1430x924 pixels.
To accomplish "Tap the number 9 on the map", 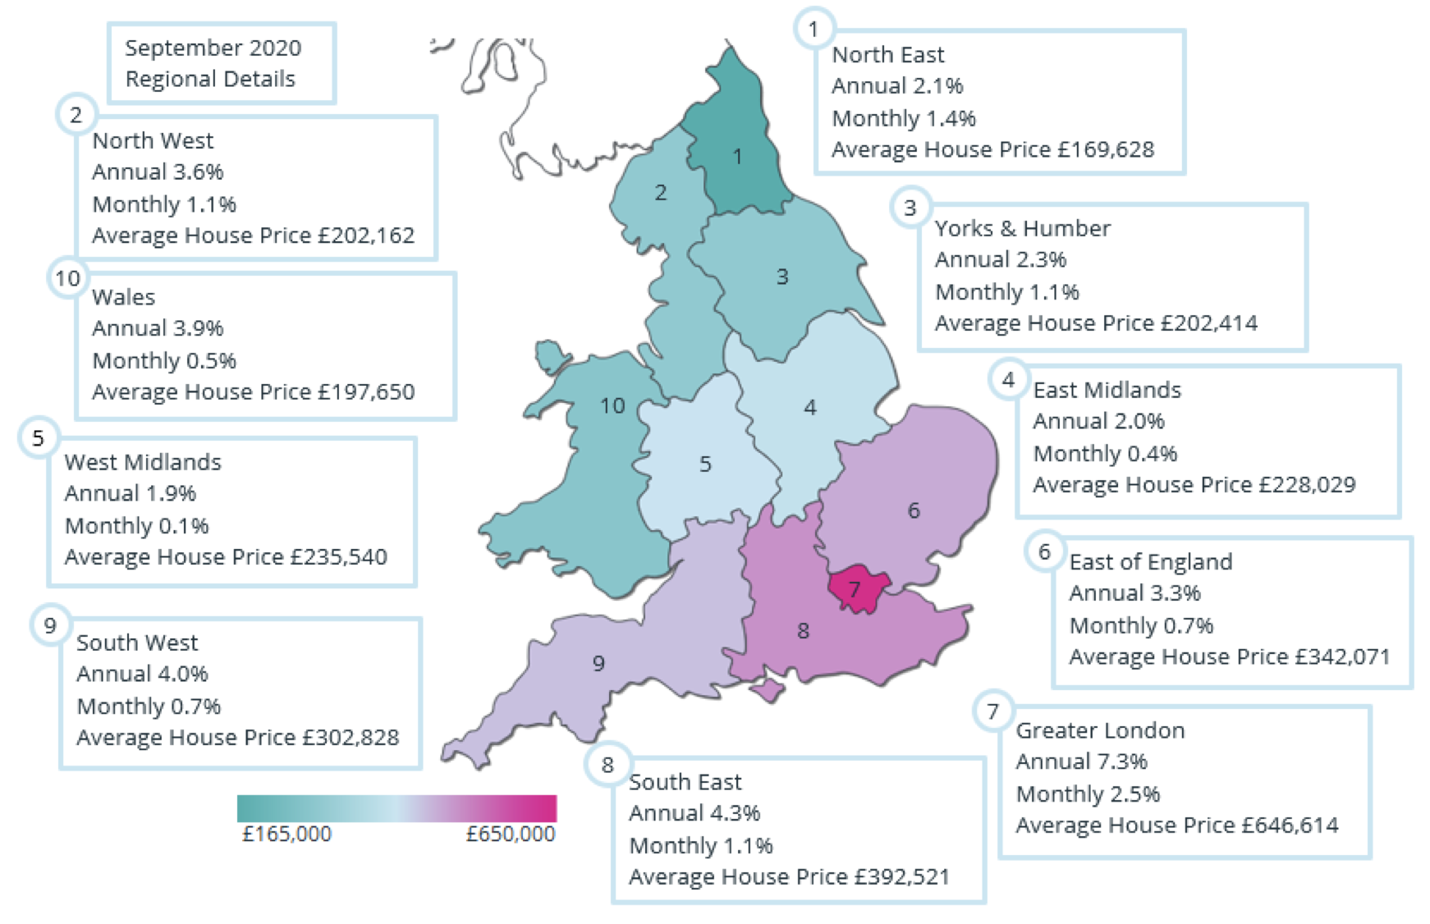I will (x=598, y=663).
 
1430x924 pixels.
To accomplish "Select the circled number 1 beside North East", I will (x=814, y=30).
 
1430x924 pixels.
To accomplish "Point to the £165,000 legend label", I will (x=286, y=834).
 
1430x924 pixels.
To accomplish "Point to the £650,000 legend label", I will (x=511, y=834).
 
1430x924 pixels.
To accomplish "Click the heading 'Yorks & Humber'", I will (x=1022, y=228).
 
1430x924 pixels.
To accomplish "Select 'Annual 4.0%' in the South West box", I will (x=142, y=674).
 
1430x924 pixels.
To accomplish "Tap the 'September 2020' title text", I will (x=213, y=48).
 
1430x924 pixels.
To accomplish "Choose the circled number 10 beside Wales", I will (x=67, y=278).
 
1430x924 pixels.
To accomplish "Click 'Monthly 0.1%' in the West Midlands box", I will (x=136, y=525).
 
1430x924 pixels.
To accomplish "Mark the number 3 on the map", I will (x=782, y=277).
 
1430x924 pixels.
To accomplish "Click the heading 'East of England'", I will (x=1150, y=561).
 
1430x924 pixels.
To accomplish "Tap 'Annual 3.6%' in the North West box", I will (x=158, y=172).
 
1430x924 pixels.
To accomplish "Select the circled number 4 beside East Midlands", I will (x=1008, y=380).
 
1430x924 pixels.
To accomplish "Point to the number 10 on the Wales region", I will (x=612, y=405).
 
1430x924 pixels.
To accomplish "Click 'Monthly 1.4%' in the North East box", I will (x=904, y=118).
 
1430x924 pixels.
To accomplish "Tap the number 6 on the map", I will (x=914, y=510).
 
